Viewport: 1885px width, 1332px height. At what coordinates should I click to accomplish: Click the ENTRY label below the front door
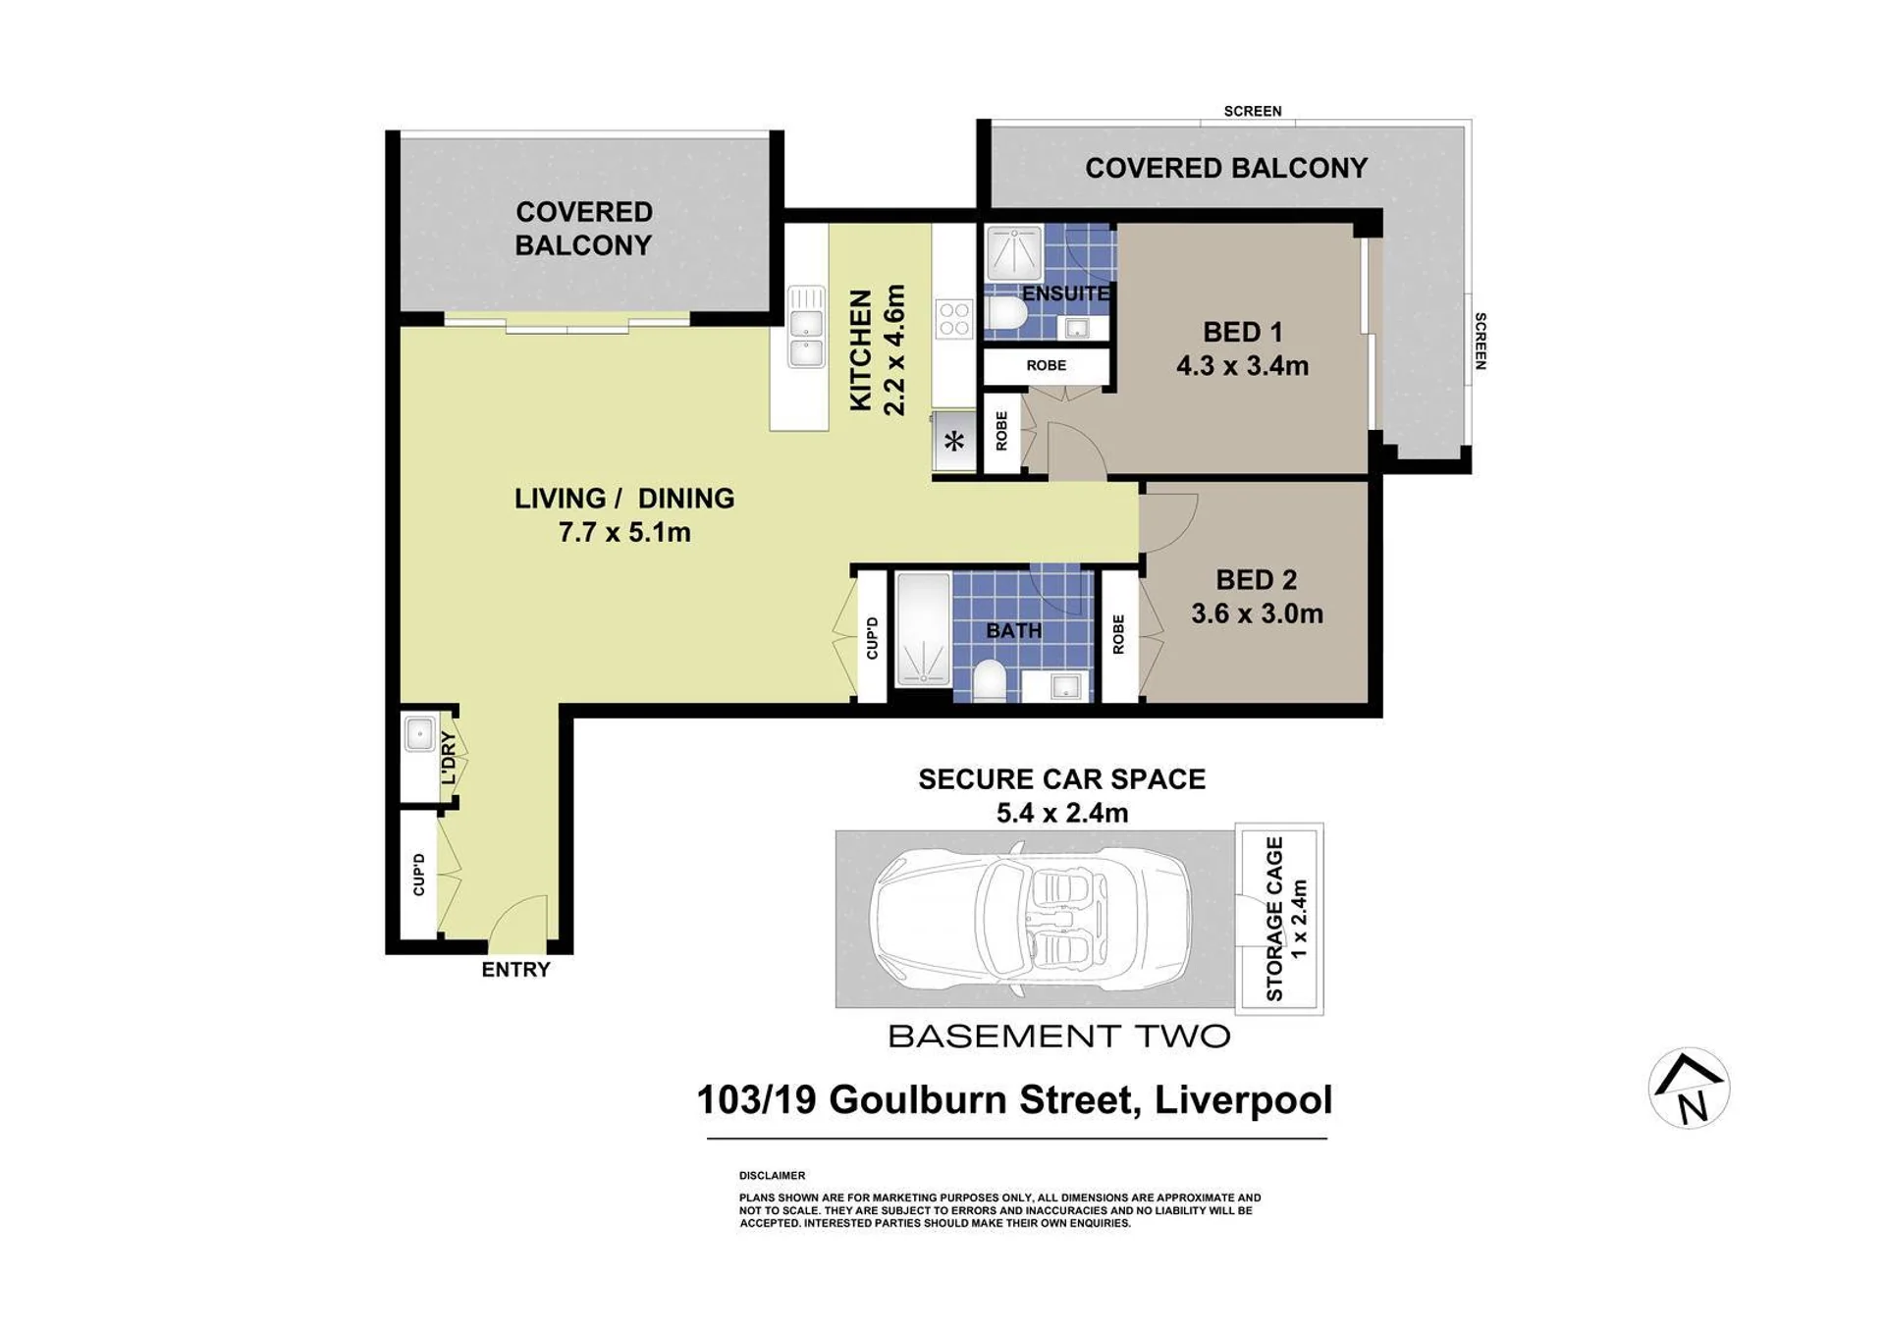click(x=515, y=970)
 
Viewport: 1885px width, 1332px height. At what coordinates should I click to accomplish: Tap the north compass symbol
click(x=1689, y=1088)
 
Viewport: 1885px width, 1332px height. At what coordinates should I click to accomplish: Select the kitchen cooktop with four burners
click(x=953, y=320)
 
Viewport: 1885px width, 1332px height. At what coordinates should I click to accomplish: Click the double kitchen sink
click(x=806, y=326)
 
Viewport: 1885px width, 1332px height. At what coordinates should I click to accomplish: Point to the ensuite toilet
click(x=1006, y=314)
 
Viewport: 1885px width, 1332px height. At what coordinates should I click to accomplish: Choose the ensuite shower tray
click(x=1014, y=253)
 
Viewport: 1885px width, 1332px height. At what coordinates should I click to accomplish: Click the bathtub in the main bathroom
click(x=923, y=629)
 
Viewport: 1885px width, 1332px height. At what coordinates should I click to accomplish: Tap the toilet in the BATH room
click(x=989, y=680)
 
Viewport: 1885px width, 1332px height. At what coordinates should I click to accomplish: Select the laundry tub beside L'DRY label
click(x=419, y=734)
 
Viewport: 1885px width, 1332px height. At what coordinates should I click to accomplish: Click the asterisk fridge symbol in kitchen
click(x=954, y=441)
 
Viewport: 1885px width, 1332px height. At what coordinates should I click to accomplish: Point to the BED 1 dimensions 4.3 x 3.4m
click(x=1242, y=366)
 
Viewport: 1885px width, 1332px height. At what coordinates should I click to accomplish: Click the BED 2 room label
click(x=1257, y=580)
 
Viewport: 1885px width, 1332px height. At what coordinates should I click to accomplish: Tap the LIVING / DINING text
click(x=624, y=499)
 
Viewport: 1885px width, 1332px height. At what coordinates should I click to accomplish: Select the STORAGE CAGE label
click(x=1274, y=919)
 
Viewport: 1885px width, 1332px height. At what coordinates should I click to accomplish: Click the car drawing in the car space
click(x=1031, y=919)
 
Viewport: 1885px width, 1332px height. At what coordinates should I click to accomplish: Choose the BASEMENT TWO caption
click(x=1058, y=1036)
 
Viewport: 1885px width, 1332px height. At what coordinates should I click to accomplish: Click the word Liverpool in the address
click(x=1243, y=1099)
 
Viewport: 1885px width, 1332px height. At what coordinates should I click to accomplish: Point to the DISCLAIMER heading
click(x=772, y=1175)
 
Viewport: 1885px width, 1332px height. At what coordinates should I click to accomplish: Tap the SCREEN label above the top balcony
click(x=1253, y=111)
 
